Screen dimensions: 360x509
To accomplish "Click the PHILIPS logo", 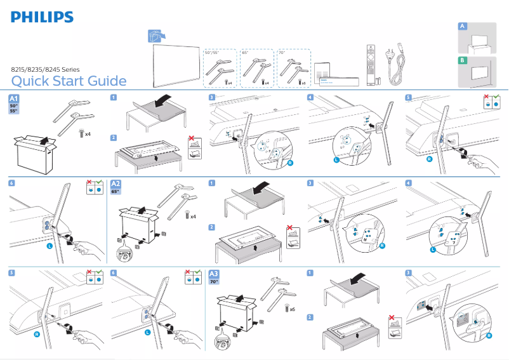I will click(42, 17).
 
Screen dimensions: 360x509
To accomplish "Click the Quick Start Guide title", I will click(69, 81).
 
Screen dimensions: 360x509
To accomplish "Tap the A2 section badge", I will click(117, 185).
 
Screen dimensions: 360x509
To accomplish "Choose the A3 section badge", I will click(215, 274).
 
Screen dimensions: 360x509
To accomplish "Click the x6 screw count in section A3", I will click(292, 309).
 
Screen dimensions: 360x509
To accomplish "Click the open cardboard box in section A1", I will click(34, 150).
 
